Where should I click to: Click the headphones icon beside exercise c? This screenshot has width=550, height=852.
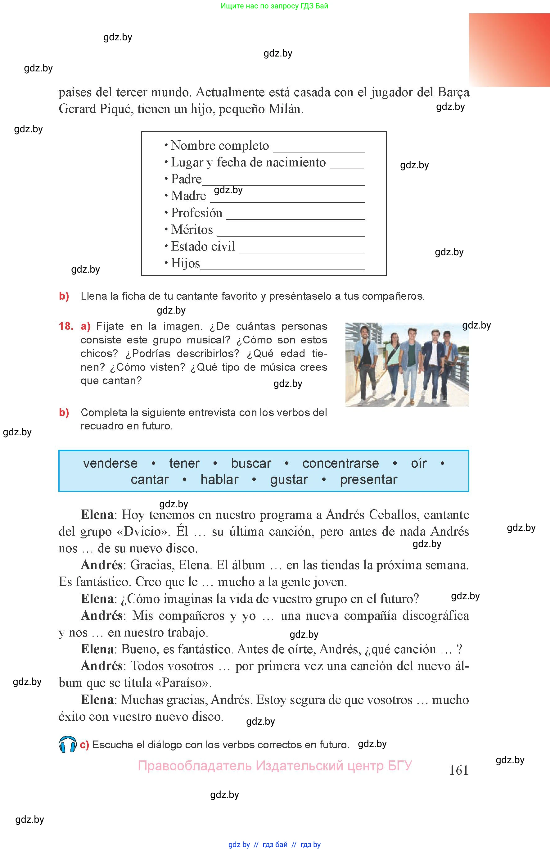[x=67, y=745]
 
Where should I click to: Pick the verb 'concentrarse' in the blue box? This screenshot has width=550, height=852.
[x=340, y=463]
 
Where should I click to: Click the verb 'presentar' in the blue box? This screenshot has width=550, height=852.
[x=368, y=479]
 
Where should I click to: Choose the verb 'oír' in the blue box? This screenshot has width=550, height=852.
[x=419, y=463]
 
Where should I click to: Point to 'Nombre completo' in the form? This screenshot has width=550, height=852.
[x=220, y=146]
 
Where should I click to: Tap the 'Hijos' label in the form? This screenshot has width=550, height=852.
[x=185, y=263]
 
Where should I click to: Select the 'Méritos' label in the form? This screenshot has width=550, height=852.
[x=192, y=230]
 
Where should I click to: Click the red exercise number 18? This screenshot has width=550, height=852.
[x=66, y=326]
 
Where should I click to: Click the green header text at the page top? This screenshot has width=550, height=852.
[x=274, y=6]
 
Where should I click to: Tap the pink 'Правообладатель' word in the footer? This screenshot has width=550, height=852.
[x=195, y=766]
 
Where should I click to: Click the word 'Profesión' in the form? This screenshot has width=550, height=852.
[x=196, y=213]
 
